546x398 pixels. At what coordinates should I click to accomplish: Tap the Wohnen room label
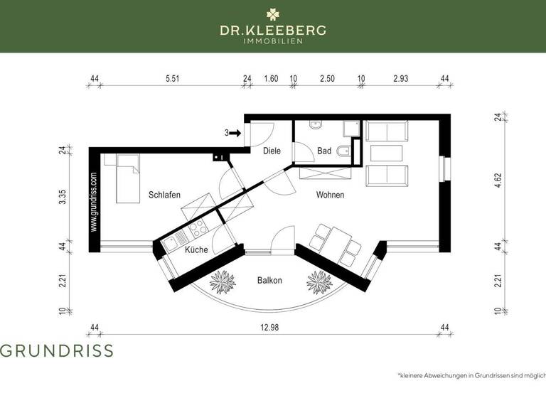(331, 195)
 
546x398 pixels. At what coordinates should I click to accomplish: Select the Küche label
(196, 250)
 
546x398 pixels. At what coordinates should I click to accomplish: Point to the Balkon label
(269, 281)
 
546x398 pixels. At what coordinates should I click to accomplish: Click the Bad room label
(324, 151)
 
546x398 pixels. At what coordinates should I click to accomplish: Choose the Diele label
(272, 151)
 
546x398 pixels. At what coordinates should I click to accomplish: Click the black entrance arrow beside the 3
(236, 132)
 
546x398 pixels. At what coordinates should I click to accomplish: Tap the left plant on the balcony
(223, 281)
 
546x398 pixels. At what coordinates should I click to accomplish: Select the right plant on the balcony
(319, 281)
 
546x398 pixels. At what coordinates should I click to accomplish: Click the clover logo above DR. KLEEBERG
(273, 14)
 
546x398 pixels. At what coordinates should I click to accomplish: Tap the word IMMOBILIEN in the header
(273, 41)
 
